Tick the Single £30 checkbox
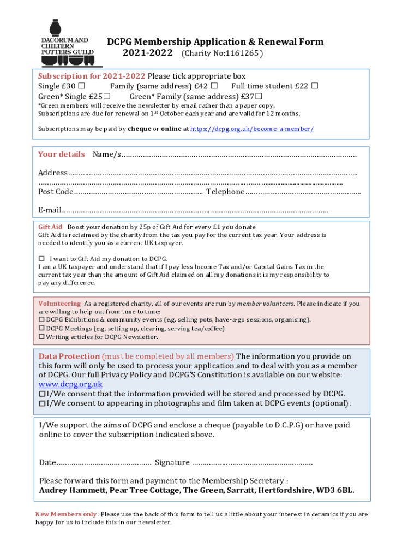coord(81,86)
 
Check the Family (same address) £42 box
coord(214,86)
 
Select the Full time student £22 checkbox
coord(314,86)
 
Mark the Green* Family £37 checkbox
coord(266,97)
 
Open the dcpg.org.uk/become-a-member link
coord(251,129)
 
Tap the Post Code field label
coord(56,192)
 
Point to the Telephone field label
coord(225,192)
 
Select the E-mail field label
coord(50,210)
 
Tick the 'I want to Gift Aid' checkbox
coord(41,259)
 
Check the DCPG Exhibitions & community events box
coord(41,319)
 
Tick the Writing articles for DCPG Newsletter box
coord(41,337)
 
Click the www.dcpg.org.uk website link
coord(70,384)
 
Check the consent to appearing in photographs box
coord(42,403)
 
